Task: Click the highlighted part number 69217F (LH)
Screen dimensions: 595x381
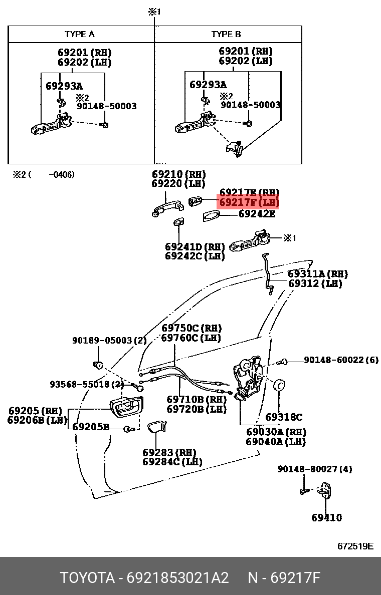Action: [249, 203]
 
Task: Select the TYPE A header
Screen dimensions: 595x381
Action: [80, 34]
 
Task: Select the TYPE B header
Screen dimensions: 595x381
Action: [226, 34]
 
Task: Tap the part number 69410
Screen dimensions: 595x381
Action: [327, 517]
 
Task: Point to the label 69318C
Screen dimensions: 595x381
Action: [284, 417]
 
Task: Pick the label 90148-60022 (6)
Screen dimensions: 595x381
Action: [341, 360]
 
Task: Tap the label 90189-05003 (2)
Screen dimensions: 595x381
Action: [109, 340]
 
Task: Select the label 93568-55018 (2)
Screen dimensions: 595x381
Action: [87, 384]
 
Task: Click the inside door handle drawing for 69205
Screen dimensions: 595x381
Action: [126, 407]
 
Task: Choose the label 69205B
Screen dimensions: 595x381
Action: [91, 427]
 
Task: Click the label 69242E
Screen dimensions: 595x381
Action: [257, 214]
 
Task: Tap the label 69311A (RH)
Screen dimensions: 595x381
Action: [317, 274]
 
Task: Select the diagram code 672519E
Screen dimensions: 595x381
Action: [355, 546]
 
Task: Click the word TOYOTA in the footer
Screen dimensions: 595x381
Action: [87, 578]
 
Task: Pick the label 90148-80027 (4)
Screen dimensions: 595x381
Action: [315, 469]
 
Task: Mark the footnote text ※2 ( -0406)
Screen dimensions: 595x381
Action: [44, 175]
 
